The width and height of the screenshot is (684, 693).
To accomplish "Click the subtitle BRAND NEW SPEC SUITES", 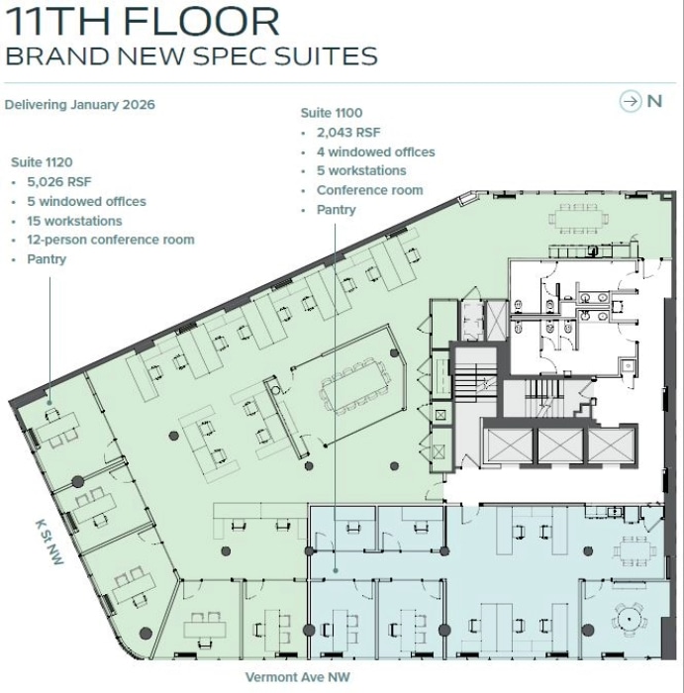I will [x=191, y=54].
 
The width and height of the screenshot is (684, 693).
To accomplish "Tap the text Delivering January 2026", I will [x=80, y=104].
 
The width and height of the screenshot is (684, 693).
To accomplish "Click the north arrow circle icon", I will [x=630, y=101].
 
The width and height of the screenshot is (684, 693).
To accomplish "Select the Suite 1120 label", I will [x=42, y=161].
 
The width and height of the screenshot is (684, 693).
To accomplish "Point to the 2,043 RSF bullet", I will [x=347, y=132].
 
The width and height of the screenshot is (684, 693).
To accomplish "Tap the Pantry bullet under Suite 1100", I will [x=336, y=210].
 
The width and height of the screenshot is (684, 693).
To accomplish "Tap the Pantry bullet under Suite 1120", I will [x=47, y=259].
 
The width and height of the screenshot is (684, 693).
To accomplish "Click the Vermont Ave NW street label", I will [x=298, y=678].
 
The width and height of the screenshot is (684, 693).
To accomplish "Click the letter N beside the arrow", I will [x=654, y=101].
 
